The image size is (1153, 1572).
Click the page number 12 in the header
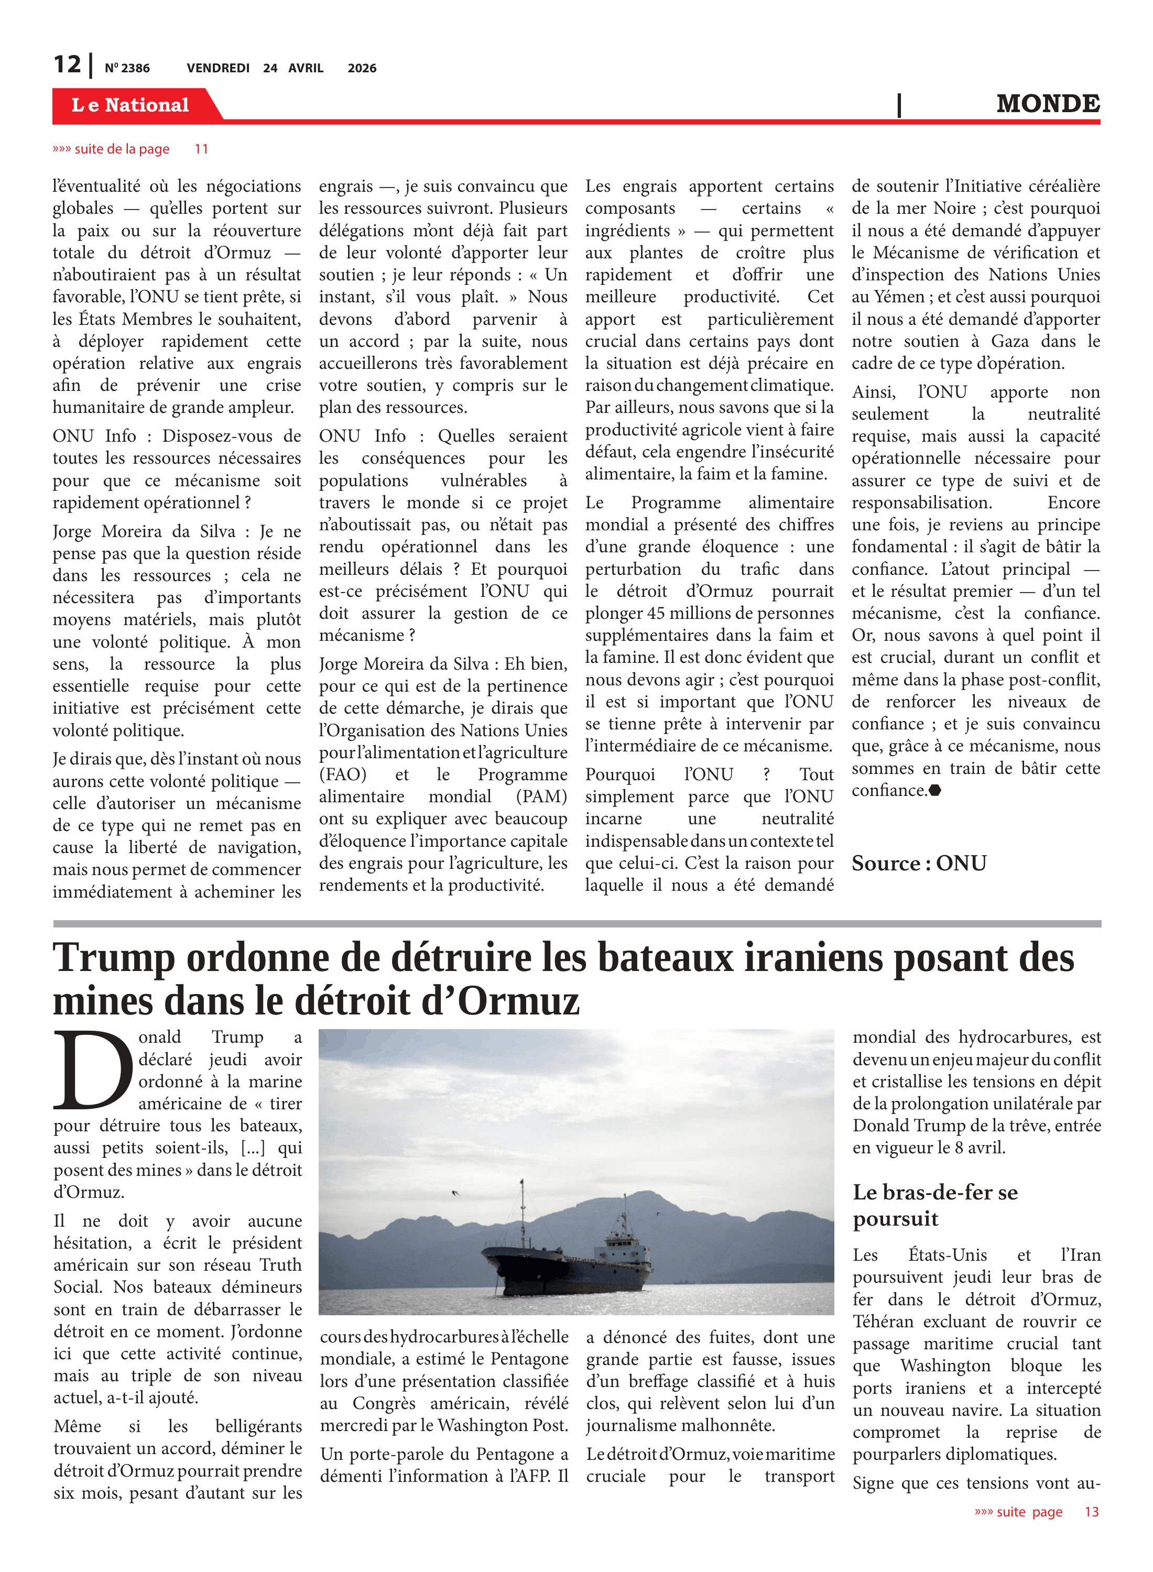68,65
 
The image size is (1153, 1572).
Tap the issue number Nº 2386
127,68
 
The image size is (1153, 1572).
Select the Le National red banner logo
130,105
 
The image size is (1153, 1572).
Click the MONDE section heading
1048,104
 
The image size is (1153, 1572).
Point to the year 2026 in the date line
362,68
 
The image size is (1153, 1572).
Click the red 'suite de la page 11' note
130,149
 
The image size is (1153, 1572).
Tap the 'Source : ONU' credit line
919,863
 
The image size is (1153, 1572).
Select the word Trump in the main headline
114,958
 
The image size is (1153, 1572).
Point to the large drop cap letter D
92,1069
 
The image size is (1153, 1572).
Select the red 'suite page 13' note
1037,1512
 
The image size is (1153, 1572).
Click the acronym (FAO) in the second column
343,774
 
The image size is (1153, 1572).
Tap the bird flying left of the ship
456,1193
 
